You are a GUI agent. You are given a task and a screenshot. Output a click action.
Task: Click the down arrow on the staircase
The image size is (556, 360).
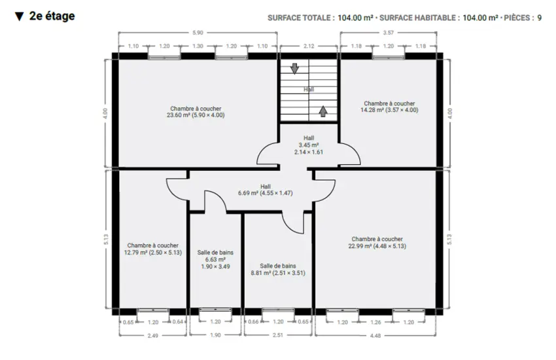(x=294, y=69)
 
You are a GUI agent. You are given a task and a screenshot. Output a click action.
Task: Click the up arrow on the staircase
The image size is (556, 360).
(x=322, y=111)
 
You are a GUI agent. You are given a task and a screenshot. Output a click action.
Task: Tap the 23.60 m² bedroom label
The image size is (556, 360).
(x=196, y=112)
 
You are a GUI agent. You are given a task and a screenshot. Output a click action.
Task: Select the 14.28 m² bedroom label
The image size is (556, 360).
(x=389, y=107)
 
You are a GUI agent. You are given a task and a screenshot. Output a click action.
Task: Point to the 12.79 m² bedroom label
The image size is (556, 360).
(x=153, y=249)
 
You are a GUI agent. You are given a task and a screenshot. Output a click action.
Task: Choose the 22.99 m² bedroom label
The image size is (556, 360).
(x=377, y=243)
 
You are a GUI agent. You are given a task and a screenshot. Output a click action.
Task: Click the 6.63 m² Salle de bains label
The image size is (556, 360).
(x=215, y=259)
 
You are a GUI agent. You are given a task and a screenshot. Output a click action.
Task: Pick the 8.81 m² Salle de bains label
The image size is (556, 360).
(x=278, y=269)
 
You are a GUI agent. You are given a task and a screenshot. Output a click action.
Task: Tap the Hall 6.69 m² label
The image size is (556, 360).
(x=265, y=190)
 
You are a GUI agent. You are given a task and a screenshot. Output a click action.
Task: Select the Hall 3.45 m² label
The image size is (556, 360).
(x=309, y=145)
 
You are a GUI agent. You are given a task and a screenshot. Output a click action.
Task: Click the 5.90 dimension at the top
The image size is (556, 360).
(x=198, y=33)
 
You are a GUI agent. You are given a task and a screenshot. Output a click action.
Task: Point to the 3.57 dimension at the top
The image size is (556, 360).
(x=389, y=33)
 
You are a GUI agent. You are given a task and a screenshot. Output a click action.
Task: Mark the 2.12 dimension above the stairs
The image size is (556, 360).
(x=309, y=46)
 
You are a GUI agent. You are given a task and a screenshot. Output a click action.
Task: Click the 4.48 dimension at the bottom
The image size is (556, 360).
(x=375, y=336)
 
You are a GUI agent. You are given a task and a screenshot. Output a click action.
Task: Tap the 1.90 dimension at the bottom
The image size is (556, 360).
(x=215, y=335)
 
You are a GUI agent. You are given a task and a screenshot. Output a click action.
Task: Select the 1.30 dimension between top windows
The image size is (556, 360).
(x=198, y=46)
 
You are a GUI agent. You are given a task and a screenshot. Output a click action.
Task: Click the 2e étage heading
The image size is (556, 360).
(x=52, y=16)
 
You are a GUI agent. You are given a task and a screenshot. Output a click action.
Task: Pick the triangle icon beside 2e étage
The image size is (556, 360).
(x=20, y=16)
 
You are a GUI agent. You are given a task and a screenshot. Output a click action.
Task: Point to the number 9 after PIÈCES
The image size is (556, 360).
(x=540, y=18)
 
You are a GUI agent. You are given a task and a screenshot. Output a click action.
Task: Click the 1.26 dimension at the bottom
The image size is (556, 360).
(x=375, y=323)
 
